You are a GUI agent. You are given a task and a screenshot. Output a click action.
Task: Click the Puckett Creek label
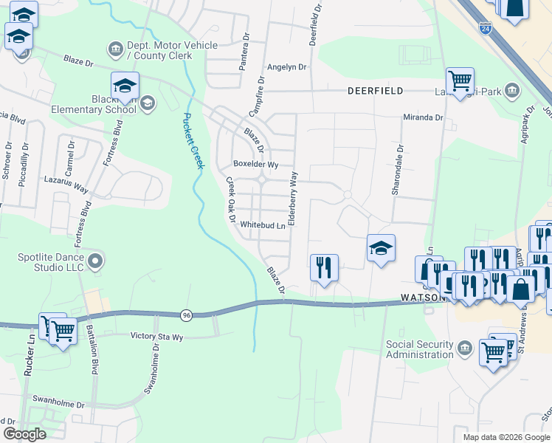[x=193, y=140]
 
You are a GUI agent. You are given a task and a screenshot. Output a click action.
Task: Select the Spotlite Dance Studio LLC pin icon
[x=94, y=261]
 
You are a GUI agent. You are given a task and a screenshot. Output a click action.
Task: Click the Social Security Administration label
[x=420, y=349]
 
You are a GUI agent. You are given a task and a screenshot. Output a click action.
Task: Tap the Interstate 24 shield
[x=485, y=28]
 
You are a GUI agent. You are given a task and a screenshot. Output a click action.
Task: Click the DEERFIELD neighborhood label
[x=376, y=91]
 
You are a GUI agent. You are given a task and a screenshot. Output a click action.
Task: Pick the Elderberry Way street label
[x=293, y=198]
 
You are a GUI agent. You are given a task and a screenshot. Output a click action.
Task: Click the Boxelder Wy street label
[x=255, y=164]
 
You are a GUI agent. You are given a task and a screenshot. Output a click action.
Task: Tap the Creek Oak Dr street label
[x=230, y=200]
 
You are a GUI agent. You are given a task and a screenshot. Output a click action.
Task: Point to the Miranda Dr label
[x=423, y=117]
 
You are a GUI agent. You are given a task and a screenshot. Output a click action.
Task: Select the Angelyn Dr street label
[x=286, y=67]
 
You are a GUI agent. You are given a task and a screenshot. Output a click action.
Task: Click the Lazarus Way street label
[x=66, y=185]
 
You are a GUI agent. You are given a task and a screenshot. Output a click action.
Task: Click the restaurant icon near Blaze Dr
[x=323, y=267]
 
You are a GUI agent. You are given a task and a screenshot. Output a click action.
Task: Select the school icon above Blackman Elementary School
[x=125, y=86]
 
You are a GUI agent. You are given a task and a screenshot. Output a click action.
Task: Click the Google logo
[x=25, y=433]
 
